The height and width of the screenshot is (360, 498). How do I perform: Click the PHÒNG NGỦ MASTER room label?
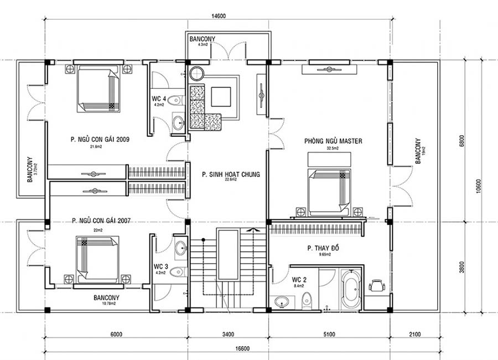coord(333,141)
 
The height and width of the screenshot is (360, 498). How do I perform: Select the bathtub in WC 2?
coord(350,289)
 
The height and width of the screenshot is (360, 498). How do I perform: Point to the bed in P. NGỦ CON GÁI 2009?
coord(98,89)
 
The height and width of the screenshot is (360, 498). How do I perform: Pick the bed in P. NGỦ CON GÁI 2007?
coord(97,257)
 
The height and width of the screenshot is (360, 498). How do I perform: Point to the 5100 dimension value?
coord(329,334)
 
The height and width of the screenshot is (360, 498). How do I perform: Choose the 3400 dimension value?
coord(227,334)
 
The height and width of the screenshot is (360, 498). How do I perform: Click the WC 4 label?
coord(159,99)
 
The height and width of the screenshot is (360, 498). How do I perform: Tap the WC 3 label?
coord(161,266)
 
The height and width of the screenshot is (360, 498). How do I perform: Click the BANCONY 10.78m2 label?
coord(106,297)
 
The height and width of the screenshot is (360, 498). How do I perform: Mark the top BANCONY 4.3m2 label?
coord(202,40)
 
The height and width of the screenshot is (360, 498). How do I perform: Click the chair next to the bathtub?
coord(377,285)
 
